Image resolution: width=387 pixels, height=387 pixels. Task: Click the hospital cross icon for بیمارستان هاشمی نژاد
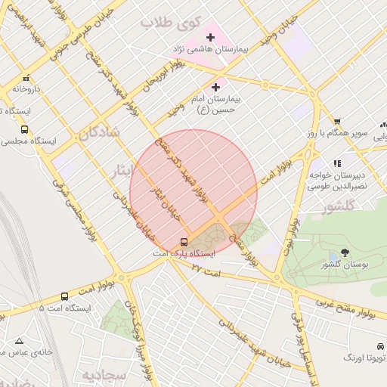click(210, 37)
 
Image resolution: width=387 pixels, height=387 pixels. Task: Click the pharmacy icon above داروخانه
click(26, 77)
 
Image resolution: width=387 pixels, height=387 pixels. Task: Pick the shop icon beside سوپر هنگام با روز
click(337, 122)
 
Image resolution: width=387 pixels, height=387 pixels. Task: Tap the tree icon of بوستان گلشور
click(345, 252)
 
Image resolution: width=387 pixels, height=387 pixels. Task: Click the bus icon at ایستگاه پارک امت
click(184, 242)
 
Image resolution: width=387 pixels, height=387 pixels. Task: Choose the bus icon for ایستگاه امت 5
click(64, 297)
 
